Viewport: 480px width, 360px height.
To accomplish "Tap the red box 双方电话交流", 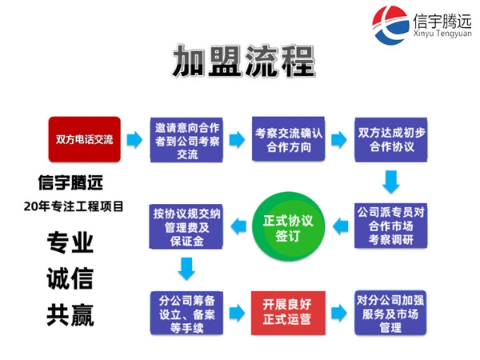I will click(81, 139).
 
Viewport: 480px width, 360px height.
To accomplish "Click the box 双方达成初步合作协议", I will click(390, 139).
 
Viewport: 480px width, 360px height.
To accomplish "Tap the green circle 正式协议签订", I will click(286, 226).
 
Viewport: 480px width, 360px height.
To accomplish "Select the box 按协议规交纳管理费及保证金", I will click(185, 225).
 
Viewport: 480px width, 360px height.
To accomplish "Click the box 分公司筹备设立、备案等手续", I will click(185, 313).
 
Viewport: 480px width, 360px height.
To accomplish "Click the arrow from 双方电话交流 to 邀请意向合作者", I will click(133, 139).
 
